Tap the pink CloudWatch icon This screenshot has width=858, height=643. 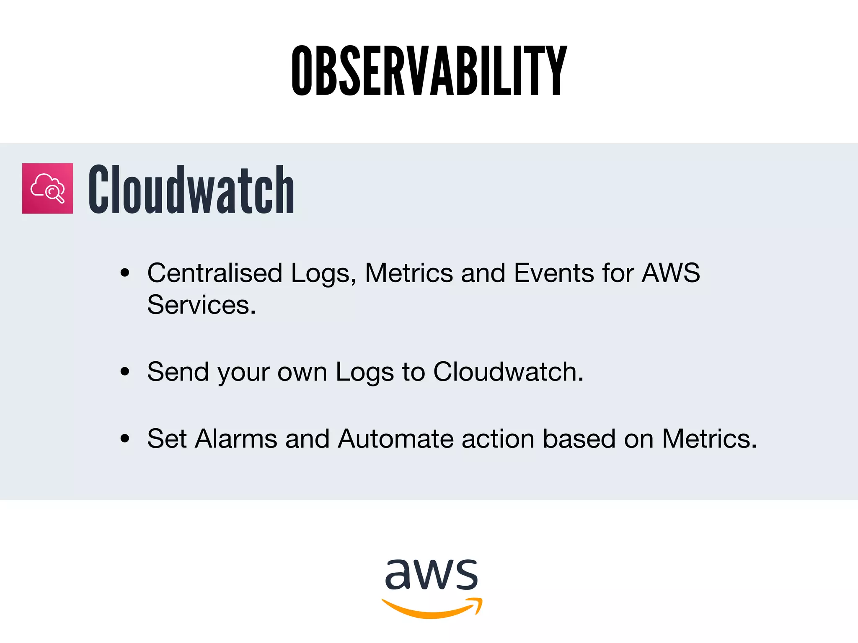pyautogui.click(x=47, y=188)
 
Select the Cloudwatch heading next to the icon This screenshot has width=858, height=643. pyautogui.click(x=191, y=189)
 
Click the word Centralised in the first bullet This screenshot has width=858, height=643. pyautogui.click(x=214, y=273)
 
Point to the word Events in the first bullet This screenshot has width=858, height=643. pyautogui.click(x=553, y=273)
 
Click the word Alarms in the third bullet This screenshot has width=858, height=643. pyautogui.click(x=236, y=439)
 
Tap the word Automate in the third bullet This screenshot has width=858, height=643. pyautogui.click(x=395, y=439)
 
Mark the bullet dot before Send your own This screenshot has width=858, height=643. pyautogui.click(x=124, y=372)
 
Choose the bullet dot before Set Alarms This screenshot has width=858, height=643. pyautogui.click(x=124, y=439)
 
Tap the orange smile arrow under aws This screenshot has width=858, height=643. pyautogui.click(x=432, y=609)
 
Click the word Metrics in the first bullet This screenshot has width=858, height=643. pyautogui.click(x=409, y=273)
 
